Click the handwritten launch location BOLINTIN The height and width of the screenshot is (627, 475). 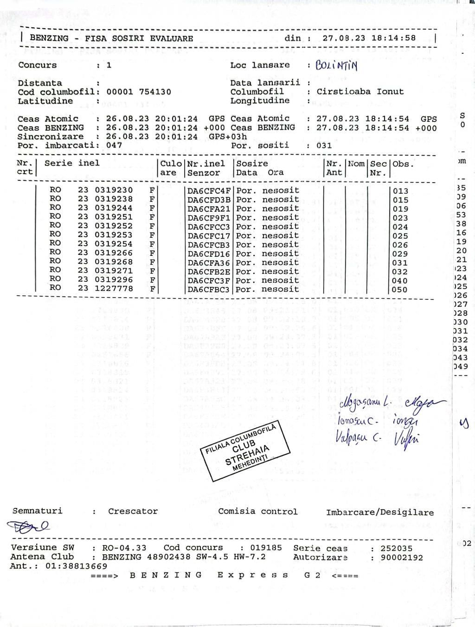(x=336, y=65)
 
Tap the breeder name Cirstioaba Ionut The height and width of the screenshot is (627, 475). (x=360, y=92)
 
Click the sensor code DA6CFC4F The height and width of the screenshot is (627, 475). (x=209, y=190)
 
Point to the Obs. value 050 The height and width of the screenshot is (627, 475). (x=399, y=290)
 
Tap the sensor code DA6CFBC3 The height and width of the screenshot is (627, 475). (x=209, y=290)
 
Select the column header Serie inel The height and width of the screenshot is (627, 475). (x=72, y=163)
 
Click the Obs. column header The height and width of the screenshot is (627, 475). (x=403, y=164)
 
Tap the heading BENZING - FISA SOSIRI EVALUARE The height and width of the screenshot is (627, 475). (x=111, y=38)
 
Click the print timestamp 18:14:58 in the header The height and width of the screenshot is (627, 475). (x=393, y=38)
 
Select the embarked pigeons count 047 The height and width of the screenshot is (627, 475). (x=114, y=145)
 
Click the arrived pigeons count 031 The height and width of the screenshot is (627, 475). (x=324, y=145)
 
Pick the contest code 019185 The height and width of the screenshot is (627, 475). (x=266, y=547)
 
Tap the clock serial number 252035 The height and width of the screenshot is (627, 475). (x=396, y=548)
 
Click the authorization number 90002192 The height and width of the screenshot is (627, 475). (x=402, y=557)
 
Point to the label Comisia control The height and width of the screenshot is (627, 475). (x=257, y=512)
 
